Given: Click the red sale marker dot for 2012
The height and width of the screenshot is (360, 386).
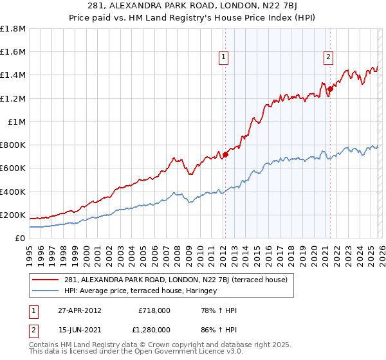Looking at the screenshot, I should (225, 154).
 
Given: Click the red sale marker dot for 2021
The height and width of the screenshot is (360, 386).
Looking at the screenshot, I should (330, 89).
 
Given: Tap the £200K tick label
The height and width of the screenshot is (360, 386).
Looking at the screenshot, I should (13, 215).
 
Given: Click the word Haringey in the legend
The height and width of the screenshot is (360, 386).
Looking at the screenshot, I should (201, 291).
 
